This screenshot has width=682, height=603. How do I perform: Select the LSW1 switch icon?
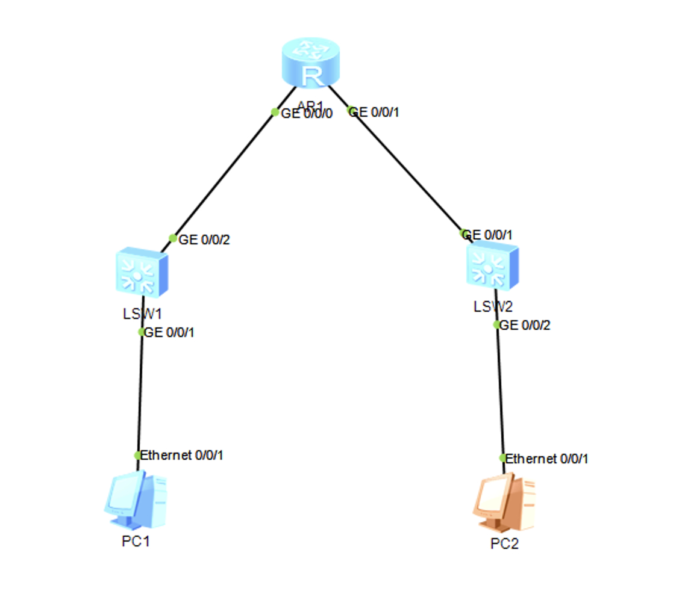pyautogui.click(x=141, y=272)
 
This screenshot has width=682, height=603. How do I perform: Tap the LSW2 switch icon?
pyautogui.click(x=492, y=267)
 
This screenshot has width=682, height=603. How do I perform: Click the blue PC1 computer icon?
pyautogui.click(x=135, y=500)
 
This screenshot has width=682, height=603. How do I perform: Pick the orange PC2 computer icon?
pyautogui.click(x=504, y=503)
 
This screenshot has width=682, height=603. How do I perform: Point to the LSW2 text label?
pyautogui.click(x=493, y=306)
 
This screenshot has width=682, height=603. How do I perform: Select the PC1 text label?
pyautogui.click(x=136, y=541)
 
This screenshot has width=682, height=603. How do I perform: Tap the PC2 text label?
pyautogui.click(x=504, y=544)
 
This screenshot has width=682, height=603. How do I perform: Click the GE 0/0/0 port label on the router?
pyautogui.click(x=307, y=113)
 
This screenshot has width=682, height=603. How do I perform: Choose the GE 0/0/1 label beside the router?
pyautogui.click(x=374, y=112)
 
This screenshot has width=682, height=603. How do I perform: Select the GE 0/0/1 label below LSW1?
pyautogui.click(x=169, y=332)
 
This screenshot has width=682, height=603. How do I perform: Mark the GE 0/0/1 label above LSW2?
pyautogui.click(x=489, y=235)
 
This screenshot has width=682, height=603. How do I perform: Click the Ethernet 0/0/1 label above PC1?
pyautogui.click(x=181, y=456)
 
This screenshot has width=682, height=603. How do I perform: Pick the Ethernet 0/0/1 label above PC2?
pyautogui.click(x=546, y=459)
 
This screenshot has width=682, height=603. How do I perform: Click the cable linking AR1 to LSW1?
pyautogui.click(x=223, y=175)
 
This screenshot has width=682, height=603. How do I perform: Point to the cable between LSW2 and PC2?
pyautogui.click(x=499, y=391)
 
